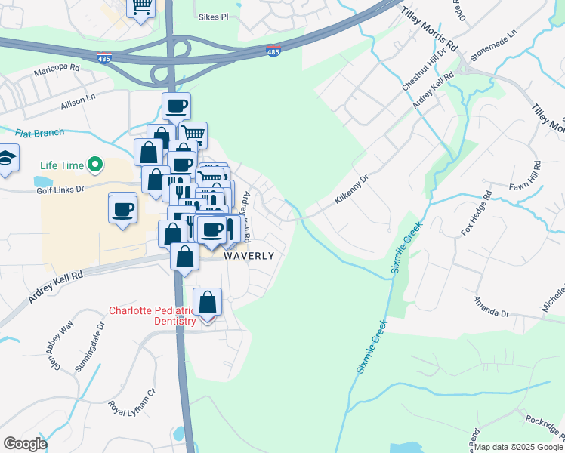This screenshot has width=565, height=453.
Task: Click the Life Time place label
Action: point(60,164)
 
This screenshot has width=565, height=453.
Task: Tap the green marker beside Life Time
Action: point(95,164)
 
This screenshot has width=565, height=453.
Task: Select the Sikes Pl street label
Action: point(213,17)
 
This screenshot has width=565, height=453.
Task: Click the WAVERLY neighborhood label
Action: point(249,256)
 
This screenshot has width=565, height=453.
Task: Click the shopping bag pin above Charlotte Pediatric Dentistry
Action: point(207,304)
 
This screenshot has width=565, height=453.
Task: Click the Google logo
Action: point(26,443)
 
